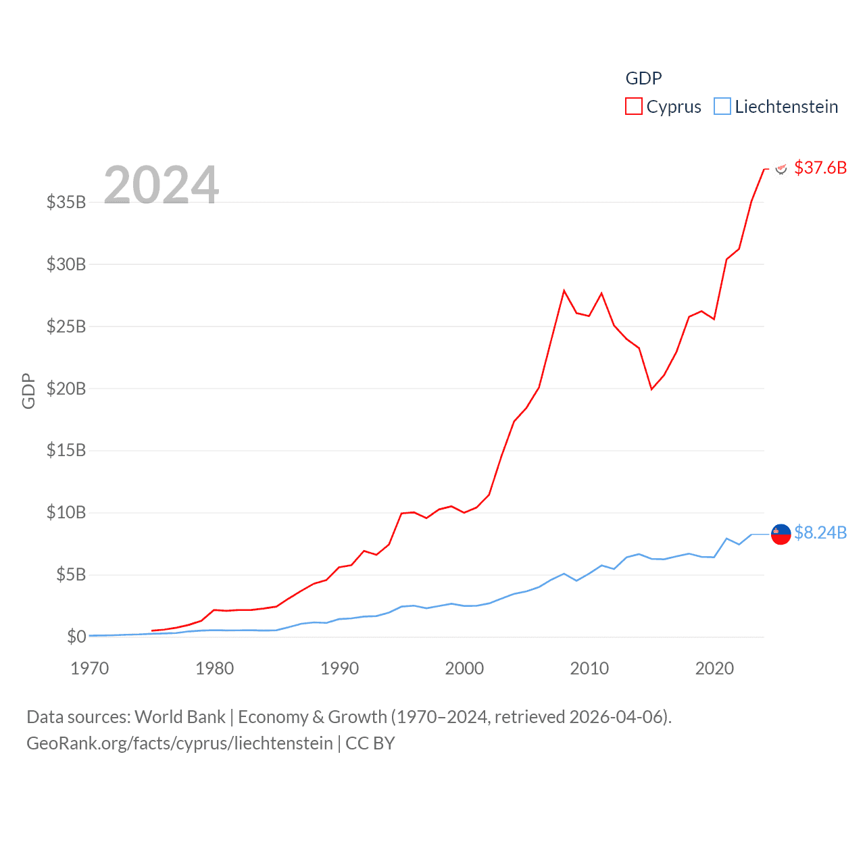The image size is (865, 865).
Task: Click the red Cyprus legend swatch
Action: click(633, 107)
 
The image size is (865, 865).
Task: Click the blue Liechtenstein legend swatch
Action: click(722, 107)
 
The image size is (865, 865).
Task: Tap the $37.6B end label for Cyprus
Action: click(820, 168)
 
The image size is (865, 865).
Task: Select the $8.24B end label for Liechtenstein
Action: click(820, 533)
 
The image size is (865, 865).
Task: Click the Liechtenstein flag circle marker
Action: click(781, 534)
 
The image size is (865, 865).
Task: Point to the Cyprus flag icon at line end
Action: click(781, 169)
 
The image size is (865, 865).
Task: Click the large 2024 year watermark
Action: click(162, 184)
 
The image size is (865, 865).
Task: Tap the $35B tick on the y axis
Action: click(66, 202)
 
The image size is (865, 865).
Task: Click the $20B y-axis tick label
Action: click(66, 389)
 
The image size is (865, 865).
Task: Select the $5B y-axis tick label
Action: click(71, 575)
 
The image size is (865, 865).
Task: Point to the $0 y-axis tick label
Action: click(76, 637)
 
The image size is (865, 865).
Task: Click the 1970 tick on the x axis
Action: click(90, 668)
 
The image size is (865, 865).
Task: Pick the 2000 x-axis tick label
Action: click(464, 668)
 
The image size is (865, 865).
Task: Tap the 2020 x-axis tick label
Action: click(714, 668)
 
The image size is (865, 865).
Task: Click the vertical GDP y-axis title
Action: click(28, 391)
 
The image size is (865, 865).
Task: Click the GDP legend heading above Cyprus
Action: click(643, 78)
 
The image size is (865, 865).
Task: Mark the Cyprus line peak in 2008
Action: click(564, 291)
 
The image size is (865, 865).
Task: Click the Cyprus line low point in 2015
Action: click(651, 389)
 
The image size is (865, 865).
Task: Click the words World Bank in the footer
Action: click(180, 717)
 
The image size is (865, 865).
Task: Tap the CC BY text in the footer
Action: click(370, 743)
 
